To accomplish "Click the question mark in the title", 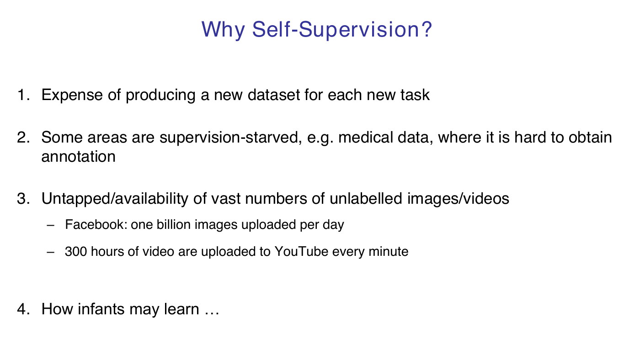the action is click(x=425, y=29).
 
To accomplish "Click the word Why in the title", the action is click(x=223, y=30).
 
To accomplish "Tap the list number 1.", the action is click(x=23, y=95).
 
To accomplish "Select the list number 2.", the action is click(x=23, y=138).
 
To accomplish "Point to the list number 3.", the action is click(x=23, y=198).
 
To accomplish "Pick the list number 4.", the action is click(x=23, y=309).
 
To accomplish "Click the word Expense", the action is click(x=72, y=95).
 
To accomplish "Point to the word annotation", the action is click(x=79, y=157).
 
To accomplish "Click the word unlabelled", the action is click(x=366, y=198).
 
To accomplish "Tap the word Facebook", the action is click(x=96, y=224).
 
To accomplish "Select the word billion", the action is click(x=173, y=224).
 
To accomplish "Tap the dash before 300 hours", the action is click(x=51, y=252).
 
